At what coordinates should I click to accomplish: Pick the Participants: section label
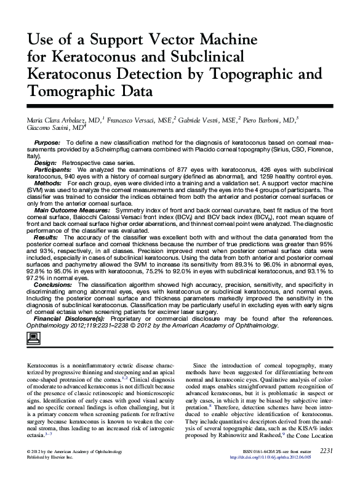click(x=52, y=169)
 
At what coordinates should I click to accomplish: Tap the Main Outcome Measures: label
click(x=69, y=210)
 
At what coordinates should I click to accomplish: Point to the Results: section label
click(x=46, y=237)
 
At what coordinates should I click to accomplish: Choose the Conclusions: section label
click(x=53, y=284)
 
